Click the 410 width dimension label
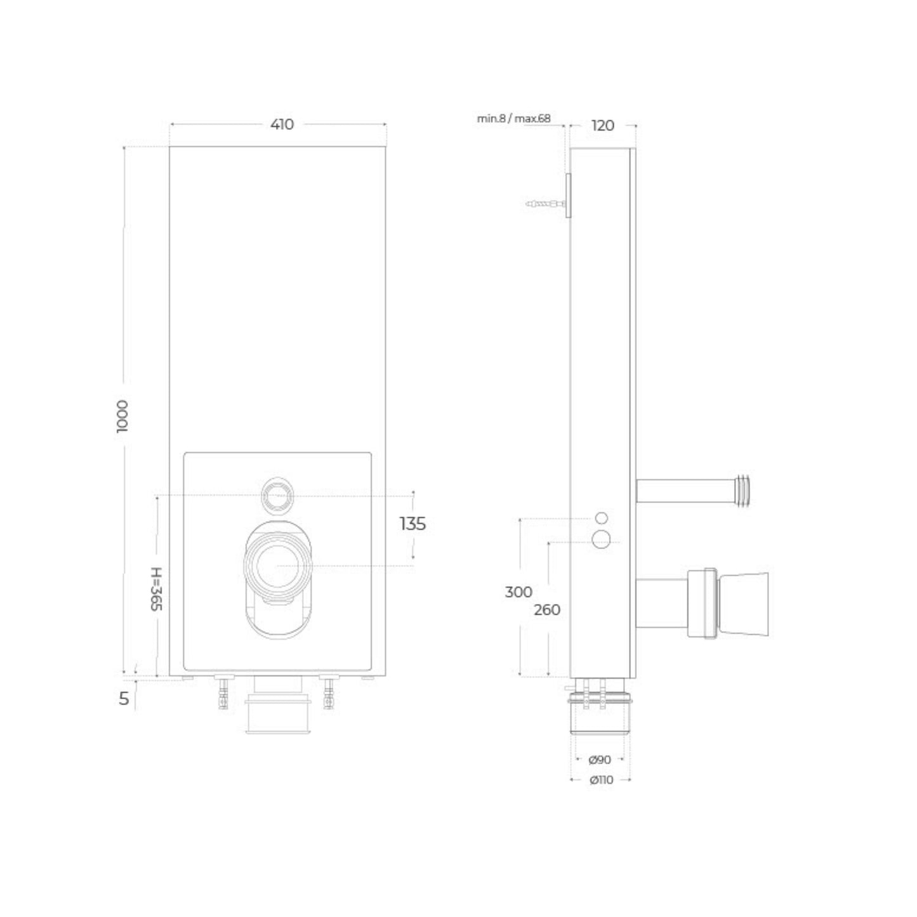tap(282, 124)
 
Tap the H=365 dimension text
tap(157, 588)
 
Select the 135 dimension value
tap(412, 524)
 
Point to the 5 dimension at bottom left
tap(124, 699)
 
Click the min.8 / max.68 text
tap(514, 119)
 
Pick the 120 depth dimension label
tap(602, 126)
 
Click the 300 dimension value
tap(518, 592)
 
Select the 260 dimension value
tap(546, 610)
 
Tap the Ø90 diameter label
tap(600, 760)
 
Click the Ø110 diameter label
tap(601, 781)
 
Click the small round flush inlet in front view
tap(278, 494)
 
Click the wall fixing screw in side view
tap(544, 204)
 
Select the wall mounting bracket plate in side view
tap(569, 196)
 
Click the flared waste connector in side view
tap(742, 604)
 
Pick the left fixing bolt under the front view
tap(223, 692)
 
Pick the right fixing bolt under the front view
tap(328, 692)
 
